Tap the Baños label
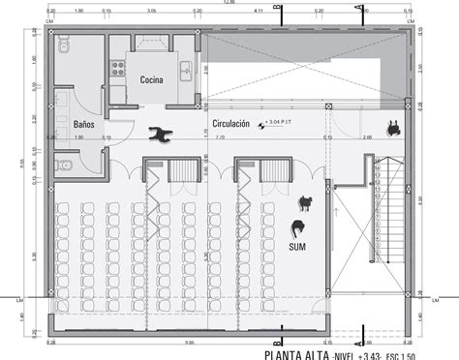84,124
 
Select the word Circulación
230,124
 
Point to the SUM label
298,248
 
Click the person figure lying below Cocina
161,135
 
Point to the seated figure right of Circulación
393,126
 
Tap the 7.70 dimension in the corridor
221,138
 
